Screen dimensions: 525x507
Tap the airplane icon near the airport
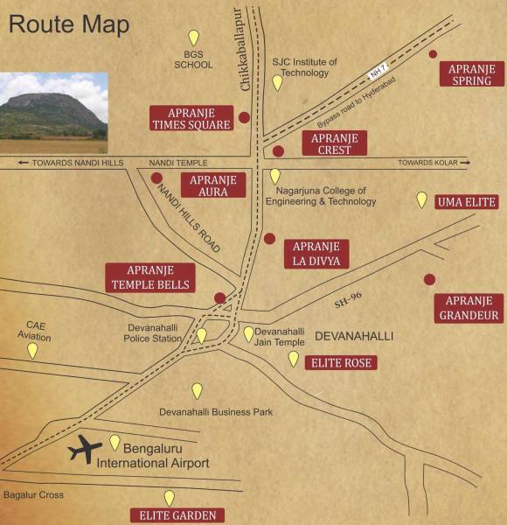[85, 449]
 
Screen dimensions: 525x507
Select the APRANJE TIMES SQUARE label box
[191, 118]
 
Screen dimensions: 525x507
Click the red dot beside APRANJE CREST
[278, 151]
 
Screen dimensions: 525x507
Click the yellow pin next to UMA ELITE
[421, 199]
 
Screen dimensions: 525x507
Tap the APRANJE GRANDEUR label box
[469, 307]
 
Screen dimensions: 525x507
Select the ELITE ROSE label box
[341, 362]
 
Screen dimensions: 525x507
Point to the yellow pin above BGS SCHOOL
[194, 37]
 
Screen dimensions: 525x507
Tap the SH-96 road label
[348, 299]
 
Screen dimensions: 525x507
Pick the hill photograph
[53, 105]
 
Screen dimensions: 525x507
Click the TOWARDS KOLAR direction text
[427, 163]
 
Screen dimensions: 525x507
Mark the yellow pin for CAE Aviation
[32, 350]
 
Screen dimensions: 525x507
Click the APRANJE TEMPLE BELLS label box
[149, 276]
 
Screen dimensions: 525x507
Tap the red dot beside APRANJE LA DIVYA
[269, 238]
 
